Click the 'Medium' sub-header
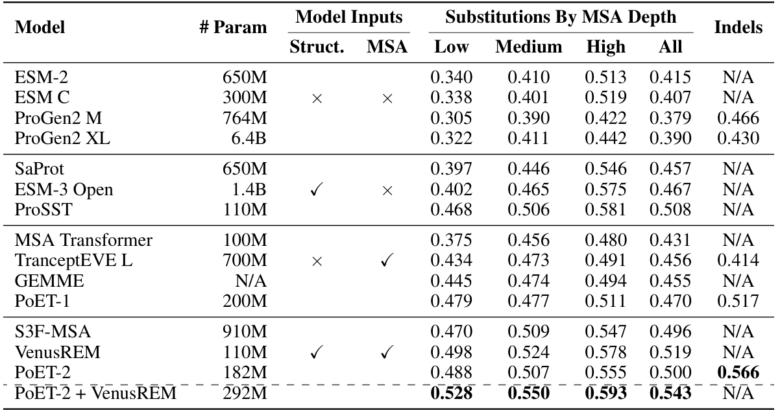(x=528, y=47)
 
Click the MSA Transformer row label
(x=83, y=241)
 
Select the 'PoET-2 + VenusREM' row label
(x=95, y=392)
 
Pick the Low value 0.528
(x=452, y=392)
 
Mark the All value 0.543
(x=670, y=392)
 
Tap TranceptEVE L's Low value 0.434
(x=452, y=261)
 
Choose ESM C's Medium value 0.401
(x=528, y=99)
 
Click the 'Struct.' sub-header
(x=317, y=47)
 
